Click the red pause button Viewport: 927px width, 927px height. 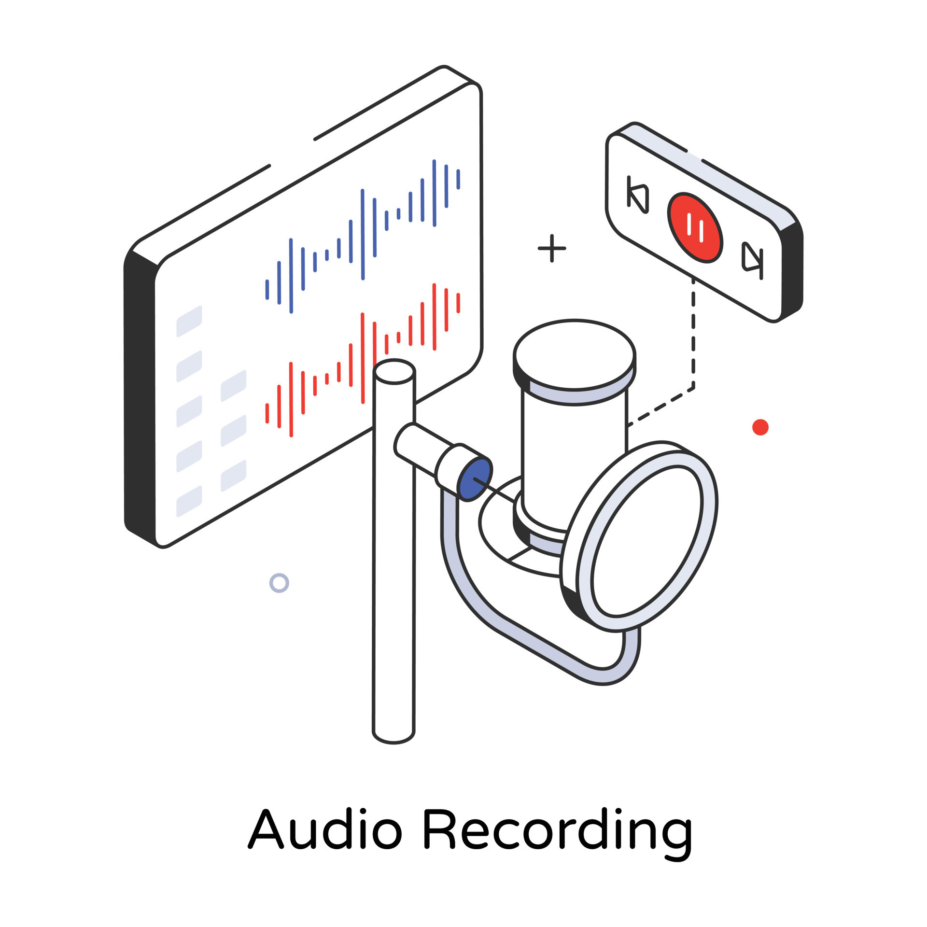pyautogui.click(x=695, y=228)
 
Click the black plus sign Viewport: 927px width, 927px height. pyautogui.click(x=551, y=248)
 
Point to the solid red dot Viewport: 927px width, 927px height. pyautogui.click(x=760, y=427)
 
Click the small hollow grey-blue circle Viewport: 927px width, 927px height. pyautogui.click(x=279, y=583)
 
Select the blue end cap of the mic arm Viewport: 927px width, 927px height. pyautogui.click(x=475, y=479)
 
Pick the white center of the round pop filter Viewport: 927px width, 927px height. pyautogui.click(x=647, y=541)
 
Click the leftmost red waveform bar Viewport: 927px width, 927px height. pyautogui.click(x=267, y=413)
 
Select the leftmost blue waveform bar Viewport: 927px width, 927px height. pyautogui.click(x=267, y=289)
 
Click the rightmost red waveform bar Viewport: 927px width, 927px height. pyautogui.click(x=458, y=303)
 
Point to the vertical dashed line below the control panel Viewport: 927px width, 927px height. pyautogui.click(x=693, y=333)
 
